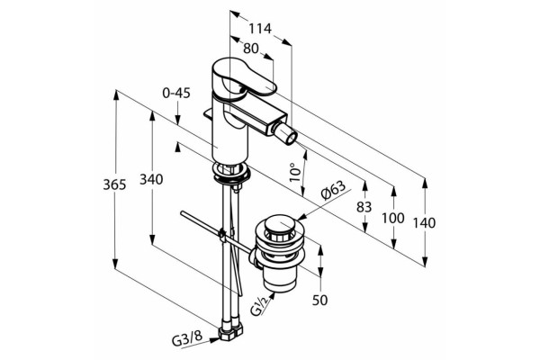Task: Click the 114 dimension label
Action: pos(260,28)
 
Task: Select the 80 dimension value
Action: pos(251,49)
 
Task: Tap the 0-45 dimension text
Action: pos(176,93)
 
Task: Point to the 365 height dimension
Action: pos(114,184)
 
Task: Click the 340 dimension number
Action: pos(151,179)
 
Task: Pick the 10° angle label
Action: pos(295,173)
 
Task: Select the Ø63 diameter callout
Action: pos(333,191)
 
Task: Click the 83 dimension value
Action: pos(364,207)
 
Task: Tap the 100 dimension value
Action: pos(393,218)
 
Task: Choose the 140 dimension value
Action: pos(424,223)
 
